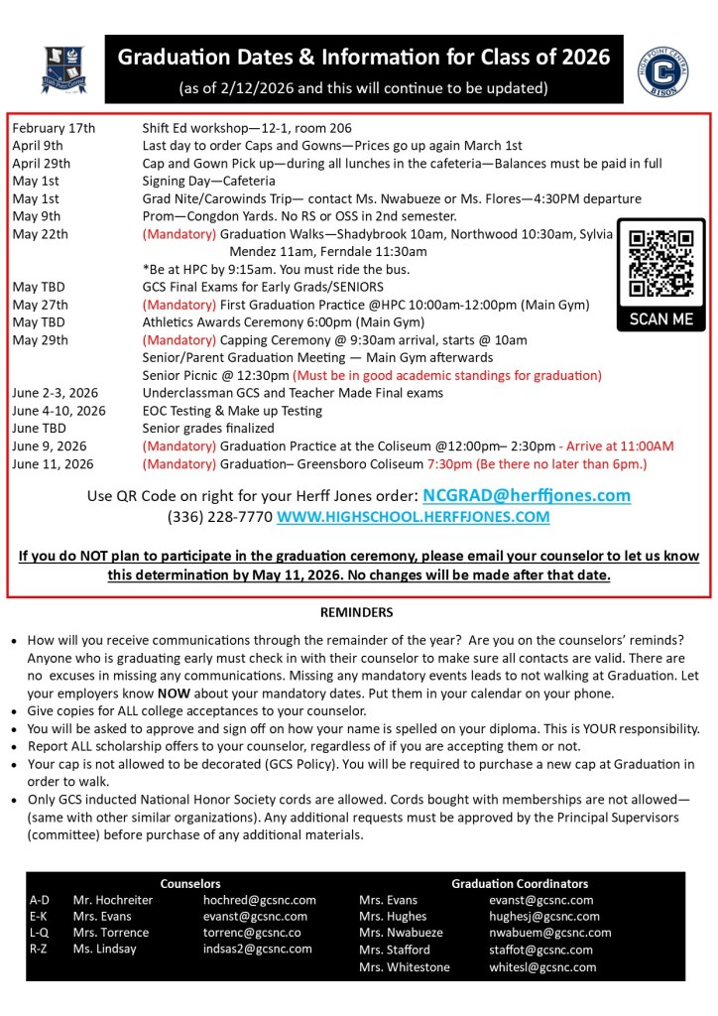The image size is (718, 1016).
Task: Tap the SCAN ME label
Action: (661, 320)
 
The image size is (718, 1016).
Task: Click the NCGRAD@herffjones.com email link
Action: (526, 495)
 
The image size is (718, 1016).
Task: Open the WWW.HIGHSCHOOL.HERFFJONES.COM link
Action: (413, 517)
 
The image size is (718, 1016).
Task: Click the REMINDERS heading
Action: (356, 612)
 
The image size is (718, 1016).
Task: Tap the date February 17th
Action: (54, 128)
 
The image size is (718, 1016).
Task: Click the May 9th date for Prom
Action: (36, 216)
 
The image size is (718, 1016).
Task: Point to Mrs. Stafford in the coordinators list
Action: (395, 950)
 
